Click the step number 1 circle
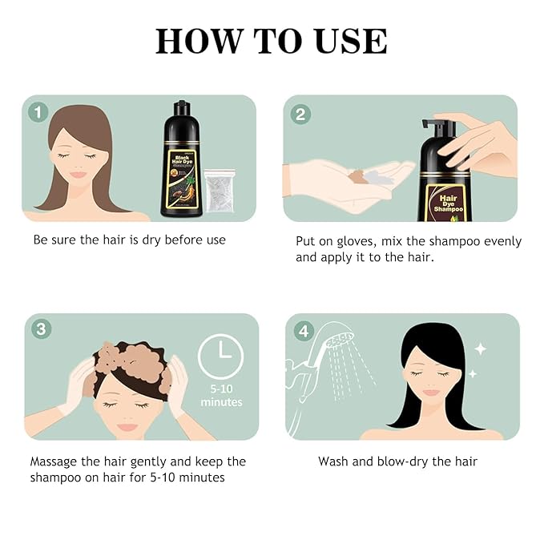38,112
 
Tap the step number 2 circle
300,114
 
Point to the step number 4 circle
302,329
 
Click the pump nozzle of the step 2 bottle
436,127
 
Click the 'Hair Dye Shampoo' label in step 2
445,203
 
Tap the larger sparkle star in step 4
480,349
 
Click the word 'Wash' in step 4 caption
333,461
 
